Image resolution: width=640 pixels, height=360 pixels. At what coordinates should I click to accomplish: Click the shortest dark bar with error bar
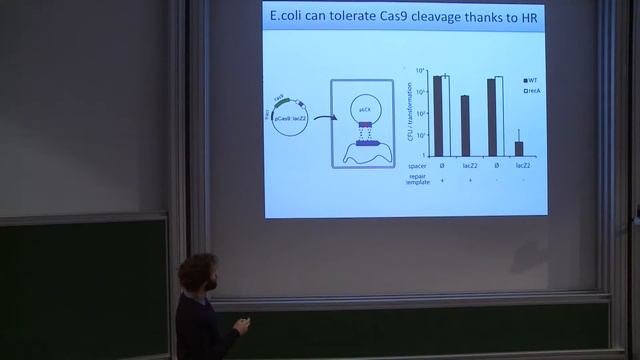519,148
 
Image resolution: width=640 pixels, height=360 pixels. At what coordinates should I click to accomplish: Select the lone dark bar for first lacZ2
465,125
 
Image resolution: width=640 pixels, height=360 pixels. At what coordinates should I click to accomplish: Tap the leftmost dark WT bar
437,115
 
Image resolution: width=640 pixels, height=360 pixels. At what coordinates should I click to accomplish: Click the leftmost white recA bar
446,115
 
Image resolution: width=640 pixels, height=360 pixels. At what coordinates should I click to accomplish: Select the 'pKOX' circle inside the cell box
365,106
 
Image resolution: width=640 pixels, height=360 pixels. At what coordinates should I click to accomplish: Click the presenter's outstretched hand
239,323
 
